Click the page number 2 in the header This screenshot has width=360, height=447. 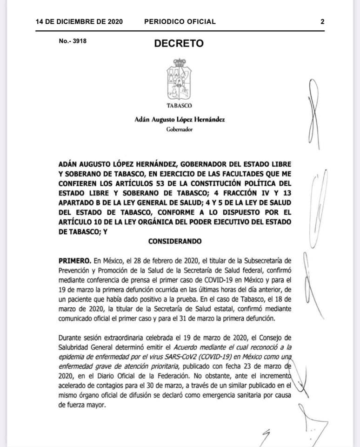pyautogui.click(x=322, y=21)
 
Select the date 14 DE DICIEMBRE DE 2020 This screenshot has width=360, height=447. pyautogui.click(x=79, y=21)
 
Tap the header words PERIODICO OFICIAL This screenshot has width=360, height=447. pyautogui.click(x=180, y=21)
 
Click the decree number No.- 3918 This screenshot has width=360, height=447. pyautogui.click(x=73, y=41)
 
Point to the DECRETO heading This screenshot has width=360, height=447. pyautogui.click(x=179, y=44)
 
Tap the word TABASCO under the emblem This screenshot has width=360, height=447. pyautogui.click(x=179, y=106)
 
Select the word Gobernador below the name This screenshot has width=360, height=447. pyautogui.click(x=179, y=129)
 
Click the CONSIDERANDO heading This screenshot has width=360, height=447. pyautogui.click(x=175, y=242)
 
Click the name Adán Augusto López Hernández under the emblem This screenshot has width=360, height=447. pyautogui.click(x=179, y=120)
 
